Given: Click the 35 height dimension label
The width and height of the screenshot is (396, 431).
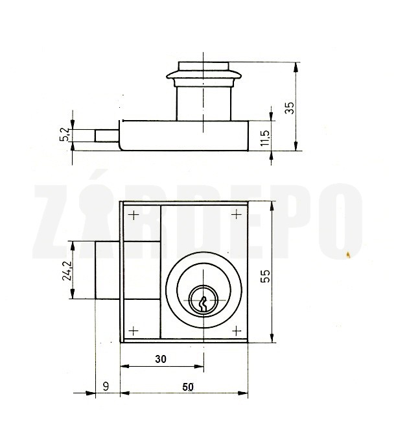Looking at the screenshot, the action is tap(290, 108).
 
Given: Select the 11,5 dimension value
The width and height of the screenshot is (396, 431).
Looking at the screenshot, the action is tap(265, 138).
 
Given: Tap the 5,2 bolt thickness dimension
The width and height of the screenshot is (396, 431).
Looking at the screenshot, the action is tap(65, 134).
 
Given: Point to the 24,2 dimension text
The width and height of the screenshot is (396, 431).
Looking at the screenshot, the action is tap(67, 271).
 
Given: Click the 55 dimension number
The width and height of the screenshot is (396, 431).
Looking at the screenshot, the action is tap(265, 276).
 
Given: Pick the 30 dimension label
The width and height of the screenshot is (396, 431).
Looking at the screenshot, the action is tap(161, 359).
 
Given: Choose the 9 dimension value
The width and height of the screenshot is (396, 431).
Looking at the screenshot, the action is tap(106, 386).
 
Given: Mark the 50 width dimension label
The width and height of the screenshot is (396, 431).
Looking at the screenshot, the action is tap(188, 387).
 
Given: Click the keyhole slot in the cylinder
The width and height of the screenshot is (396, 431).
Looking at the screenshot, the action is tap(204, 303).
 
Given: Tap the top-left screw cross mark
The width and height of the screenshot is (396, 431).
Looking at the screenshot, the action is tap(134, 215).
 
